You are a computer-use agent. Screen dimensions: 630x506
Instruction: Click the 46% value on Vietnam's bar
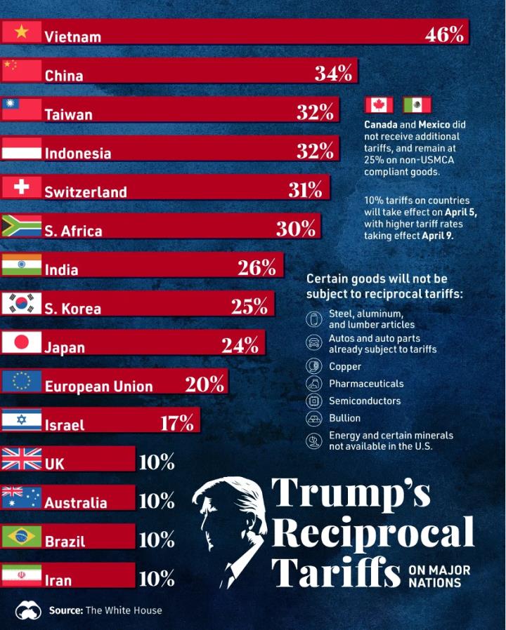444,34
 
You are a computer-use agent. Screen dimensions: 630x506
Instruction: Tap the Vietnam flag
21,32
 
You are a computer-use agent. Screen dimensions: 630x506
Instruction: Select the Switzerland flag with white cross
21,188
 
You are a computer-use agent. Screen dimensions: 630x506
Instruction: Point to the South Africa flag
21,227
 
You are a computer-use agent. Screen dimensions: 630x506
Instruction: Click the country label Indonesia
77,153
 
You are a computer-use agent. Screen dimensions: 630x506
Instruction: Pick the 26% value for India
257,267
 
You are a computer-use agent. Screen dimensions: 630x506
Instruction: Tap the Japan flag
21,343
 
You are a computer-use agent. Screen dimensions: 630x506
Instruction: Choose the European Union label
98,386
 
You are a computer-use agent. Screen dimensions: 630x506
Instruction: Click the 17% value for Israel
176,423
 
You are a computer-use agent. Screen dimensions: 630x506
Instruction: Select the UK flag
21,460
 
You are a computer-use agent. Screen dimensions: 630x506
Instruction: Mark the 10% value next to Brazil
157,539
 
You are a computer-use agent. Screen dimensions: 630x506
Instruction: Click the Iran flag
21,576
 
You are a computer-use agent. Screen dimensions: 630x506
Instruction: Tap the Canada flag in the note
379,105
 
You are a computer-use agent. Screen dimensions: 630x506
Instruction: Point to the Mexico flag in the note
417,105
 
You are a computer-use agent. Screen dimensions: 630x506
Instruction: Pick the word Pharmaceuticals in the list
366,384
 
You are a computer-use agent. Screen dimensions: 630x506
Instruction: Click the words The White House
124,610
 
